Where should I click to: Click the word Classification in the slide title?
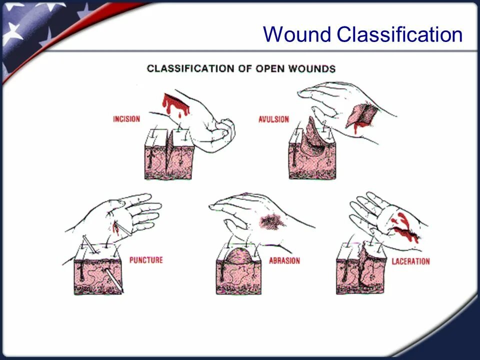(x=399, y=35)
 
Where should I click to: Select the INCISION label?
(x=126, y=119)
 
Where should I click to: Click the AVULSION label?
(x=273, y=119)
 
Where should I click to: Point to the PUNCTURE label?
(x=146, y=260)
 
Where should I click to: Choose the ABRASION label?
(x=284, y=260)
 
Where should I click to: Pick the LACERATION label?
(x=410, y=261)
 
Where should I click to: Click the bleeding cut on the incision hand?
(x=175, y=104)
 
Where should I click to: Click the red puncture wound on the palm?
(x=116, y=227)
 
